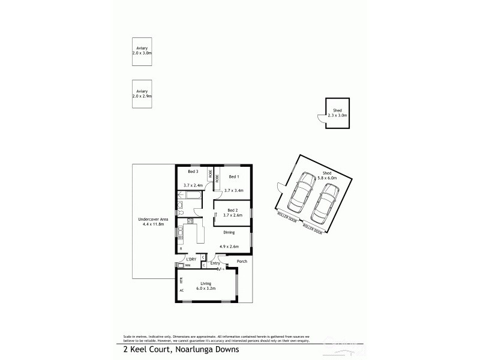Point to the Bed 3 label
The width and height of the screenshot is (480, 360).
coord(193,172)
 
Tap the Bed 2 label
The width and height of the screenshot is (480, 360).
coord(233,210)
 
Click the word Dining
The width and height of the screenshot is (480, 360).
coord(229,232)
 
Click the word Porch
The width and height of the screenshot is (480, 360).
coord(242,262)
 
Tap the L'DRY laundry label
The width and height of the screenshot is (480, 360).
coord(190,259)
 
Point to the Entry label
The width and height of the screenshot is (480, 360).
coord(215,263)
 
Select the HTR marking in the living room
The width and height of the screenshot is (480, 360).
coord(180,280)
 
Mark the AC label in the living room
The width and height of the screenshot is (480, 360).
coord(180,290)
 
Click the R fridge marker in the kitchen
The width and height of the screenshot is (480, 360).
coord(180,248)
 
